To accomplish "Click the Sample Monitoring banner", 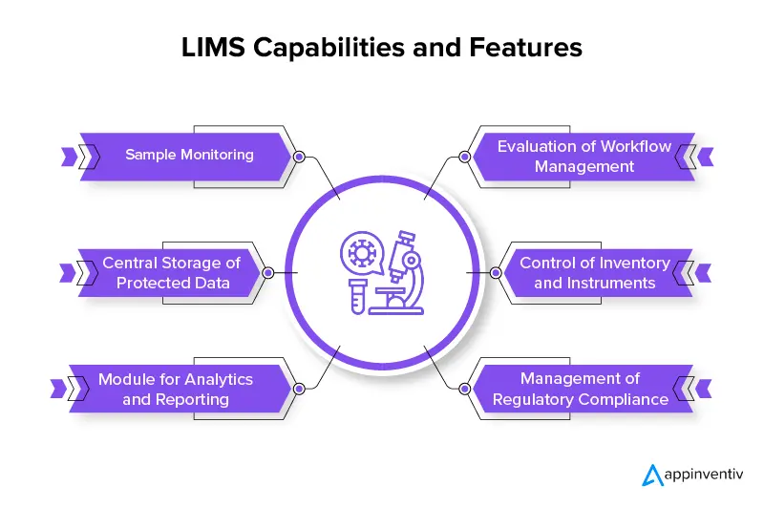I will point(189,155).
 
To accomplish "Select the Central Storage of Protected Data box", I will point(172,272).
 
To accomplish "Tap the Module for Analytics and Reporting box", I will point(176,389).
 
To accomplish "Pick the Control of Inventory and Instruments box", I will point(594,272).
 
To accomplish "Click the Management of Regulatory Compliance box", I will point(580,389).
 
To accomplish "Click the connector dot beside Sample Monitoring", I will point(299,157).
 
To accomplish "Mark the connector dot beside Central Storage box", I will point(268,272).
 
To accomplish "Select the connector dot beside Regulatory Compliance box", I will point(464,390).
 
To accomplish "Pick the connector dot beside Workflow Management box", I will point(464,157).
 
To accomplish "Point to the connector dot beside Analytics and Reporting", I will point(299,390).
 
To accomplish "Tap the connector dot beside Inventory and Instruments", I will point(496,272).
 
